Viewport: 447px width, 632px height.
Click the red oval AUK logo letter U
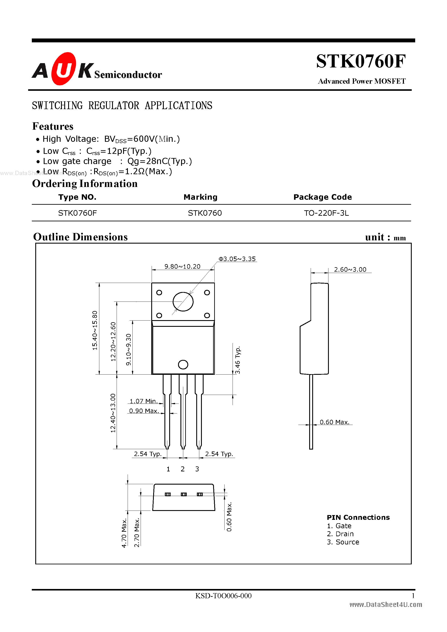click(x=63, y=69)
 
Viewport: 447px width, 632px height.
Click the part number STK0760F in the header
click(x=360, y=61)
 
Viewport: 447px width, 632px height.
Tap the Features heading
click(x=53, y=126)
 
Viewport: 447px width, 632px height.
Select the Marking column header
click(x=200, y=197)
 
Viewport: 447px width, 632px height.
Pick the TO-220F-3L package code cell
click(x=326, y=213)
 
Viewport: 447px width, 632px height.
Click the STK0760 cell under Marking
click(x=204, y=213)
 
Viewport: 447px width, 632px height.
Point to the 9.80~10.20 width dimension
click(x=182, y=267)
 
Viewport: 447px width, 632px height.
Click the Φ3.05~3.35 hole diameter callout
click(x=237, y=259)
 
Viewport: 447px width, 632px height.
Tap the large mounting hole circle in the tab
click(x=183, y=302)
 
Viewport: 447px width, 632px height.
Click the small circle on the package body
click(x=183, y=364)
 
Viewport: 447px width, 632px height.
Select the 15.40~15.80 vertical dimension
click(x=95, y=330)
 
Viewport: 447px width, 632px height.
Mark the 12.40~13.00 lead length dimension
click(x=113, y=413)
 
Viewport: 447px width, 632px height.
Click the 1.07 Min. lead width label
click(x=143, y=401)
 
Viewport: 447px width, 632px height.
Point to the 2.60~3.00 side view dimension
click(x=350, y=270)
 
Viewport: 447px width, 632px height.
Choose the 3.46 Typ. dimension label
click(x=238, y=360)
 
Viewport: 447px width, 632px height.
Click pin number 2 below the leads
click(x=182, y=469)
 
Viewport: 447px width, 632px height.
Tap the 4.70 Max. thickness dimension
click(x=124, y=533)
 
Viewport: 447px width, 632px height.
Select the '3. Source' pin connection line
click(x=343, y=542)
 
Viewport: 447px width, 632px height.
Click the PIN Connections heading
click(x=358, y=517)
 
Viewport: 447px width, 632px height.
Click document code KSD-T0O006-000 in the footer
click(x=223, y=596)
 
